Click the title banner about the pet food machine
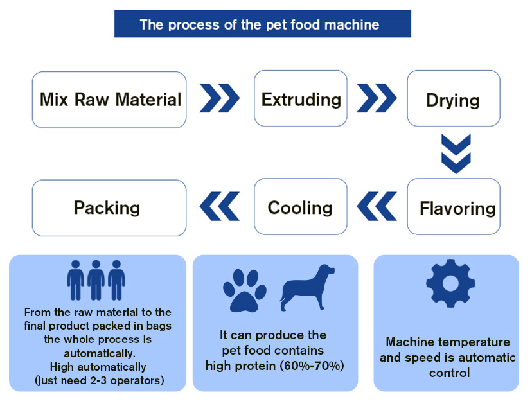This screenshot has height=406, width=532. click(x=262, y=24)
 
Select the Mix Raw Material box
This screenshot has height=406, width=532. click(x=109, y=100)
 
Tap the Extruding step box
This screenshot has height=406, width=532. click(x=301, y=99)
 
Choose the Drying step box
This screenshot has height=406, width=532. click(x=453, y=100)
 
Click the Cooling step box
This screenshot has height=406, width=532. click(x=301, y=207)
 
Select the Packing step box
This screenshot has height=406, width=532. click(x=109, y=207)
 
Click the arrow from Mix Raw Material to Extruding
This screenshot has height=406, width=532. click(x=220, y=99)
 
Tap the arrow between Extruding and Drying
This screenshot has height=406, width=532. click(x=377, y=99)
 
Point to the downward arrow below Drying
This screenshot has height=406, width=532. click(x=456, y=153)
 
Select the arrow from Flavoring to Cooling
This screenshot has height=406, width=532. click(x=377, y=207)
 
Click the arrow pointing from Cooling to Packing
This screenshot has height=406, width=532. click(x=220, y=207)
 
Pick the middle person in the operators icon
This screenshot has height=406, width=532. click(x=96, y=280)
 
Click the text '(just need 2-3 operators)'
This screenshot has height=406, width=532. click(x=99, y=381)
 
